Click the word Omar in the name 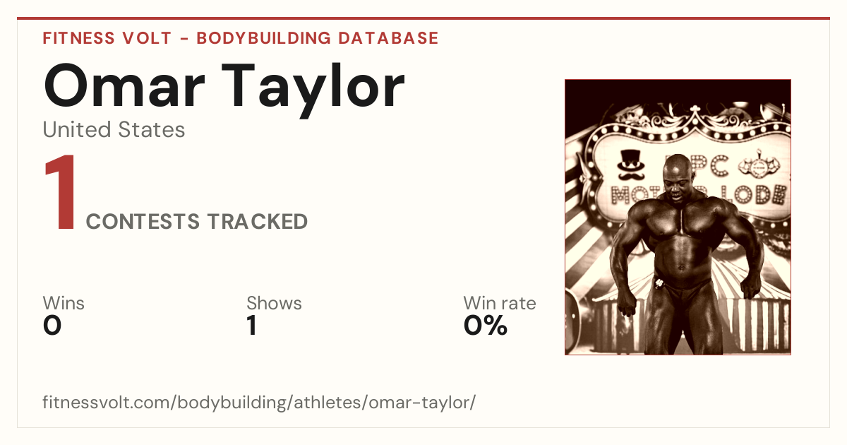click(124, 87)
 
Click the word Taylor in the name click(313, 90)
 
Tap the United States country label click(114, 130)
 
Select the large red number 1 click(61, 192)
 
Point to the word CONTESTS click(143, 221)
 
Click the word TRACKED click(258, 221)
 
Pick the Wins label click(64, 303)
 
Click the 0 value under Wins click(52, 326)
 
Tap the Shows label click(274, 303)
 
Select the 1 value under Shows click(252, 326)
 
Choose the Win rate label click(500, 303)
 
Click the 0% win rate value click(486, 326)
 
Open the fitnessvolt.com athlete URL click(259, 403)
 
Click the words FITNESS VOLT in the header click(107, 38)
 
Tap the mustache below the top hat click(631, 176)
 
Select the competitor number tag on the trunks click(659, 283)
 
